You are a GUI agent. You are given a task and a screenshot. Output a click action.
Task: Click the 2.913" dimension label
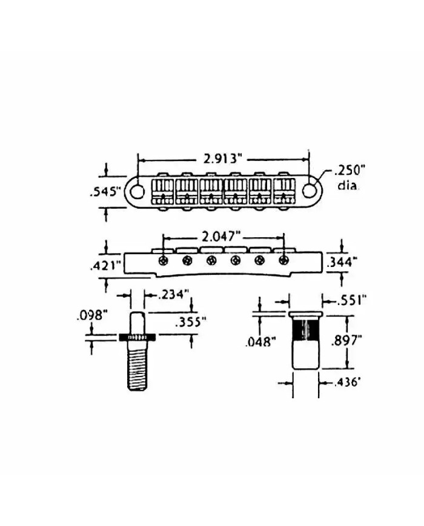tap(222, 159)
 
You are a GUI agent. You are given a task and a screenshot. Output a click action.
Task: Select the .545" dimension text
tap(105, 192)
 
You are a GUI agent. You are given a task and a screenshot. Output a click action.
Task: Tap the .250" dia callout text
tap(348, 177)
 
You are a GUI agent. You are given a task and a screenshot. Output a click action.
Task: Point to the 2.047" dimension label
tap(222, 237)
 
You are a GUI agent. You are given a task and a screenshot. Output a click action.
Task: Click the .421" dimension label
tap(105, 266)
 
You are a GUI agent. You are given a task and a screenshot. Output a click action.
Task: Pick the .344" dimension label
tap(342, 261)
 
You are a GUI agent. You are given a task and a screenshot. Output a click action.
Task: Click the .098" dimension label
tap(92, 315)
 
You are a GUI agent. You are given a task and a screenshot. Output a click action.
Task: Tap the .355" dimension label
tap(190, 322)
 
